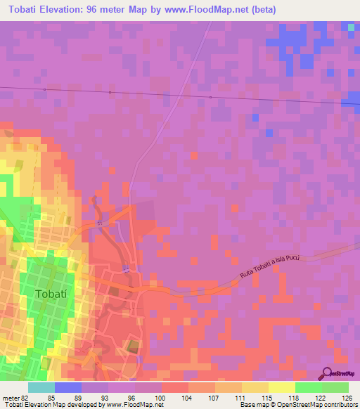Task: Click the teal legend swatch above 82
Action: [x=41, y=387]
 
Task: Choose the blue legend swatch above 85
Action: [x=68, y=387]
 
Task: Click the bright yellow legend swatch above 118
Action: [x=281, y=387]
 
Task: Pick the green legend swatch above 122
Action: [x=308, y=387]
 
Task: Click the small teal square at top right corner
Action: [x=352, y=27]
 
